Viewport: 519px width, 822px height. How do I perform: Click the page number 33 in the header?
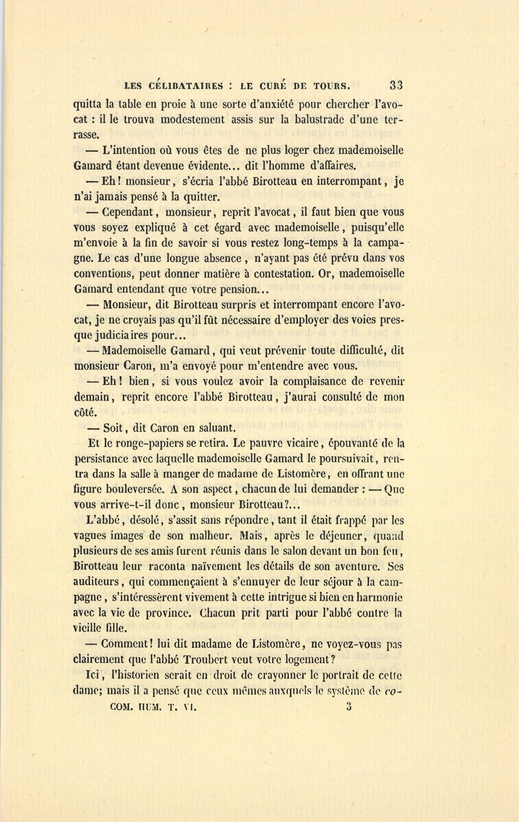[x=396, y=85]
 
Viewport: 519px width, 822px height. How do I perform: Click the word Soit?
[x=112, y=428]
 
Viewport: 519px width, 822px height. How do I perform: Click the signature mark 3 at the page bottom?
[x=349, y=705]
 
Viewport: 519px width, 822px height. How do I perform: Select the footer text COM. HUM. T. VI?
[x=154, y=706]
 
